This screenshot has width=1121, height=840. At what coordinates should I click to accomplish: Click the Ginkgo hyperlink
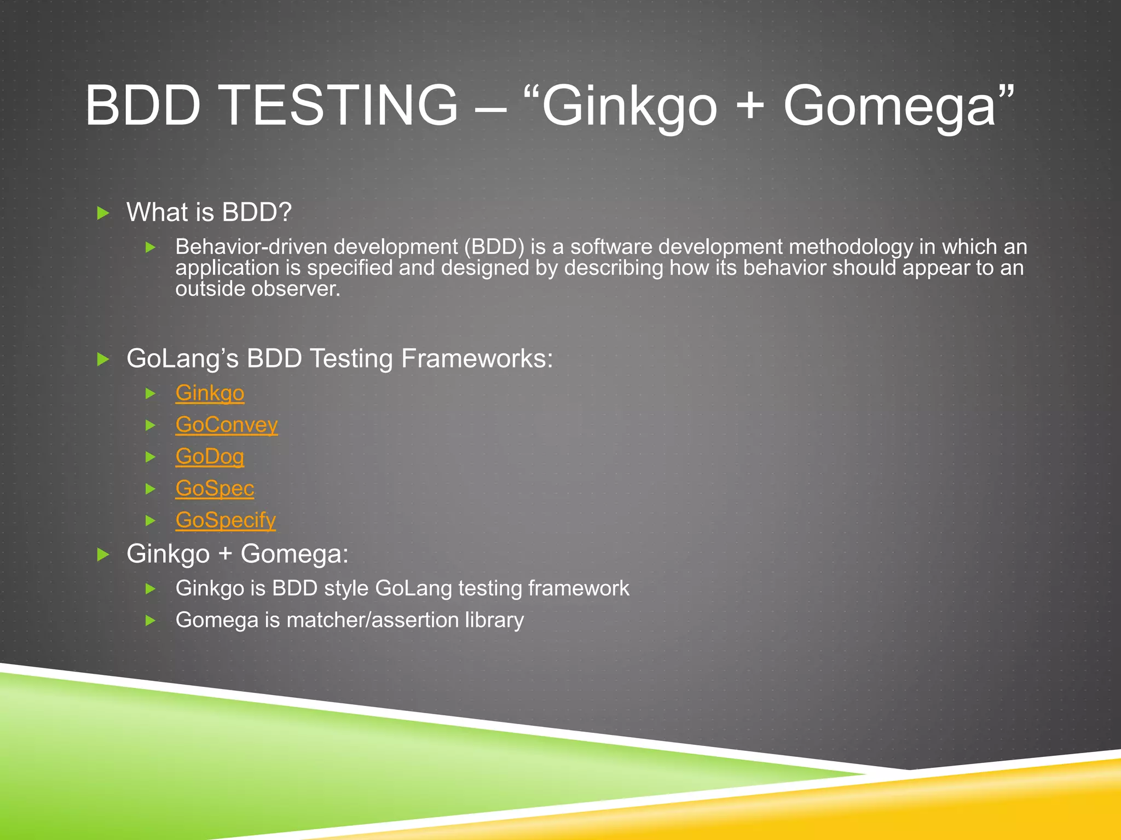(x=210, y=393)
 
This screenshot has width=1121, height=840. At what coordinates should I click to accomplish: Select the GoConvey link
(x=227, y=425)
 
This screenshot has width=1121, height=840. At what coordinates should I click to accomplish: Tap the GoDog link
(x=210, y=457)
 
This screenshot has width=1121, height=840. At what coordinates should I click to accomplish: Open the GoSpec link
(x=215, y=488)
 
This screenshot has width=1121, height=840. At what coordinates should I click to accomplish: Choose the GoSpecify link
(x=226, y=520)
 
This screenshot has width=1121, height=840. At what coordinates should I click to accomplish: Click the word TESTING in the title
(x=340, y=105)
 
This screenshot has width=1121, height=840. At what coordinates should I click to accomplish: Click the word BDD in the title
(x=143, y=105)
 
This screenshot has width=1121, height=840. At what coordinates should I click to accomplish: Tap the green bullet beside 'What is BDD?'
(x=103, y=213)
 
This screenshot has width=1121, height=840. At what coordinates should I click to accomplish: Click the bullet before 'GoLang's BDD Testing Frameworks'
(x=103, y=359)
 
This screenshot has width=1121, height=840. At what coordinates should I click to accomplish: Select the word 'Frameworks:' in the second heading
(x=477, y=359)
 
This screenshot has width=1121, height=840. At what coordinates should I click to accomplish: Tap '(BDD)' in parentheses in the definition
(x=494, y=247)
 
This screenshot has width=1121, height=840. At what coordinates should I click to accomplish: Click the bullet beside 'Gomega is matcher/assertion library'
(x=151, y=621)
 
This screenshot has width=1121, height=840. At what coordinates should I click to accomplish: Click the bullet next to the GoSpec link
(x=151, y=489)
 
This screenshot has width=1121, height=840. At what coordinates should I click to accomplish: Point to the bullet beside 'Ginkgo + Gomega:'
(x=103, y=555)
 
